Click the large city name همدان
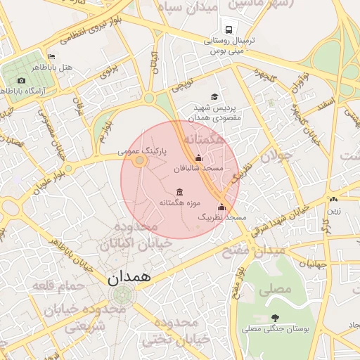point(130,278)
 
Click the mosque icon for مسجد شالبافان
point(198,158)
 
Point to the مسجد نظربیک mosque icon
point(221,207)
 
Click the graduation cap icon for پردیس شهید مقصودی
point(214,97)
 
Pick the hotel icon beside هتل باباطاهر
point(51,56)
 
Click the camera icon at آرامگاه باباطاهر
point(22,80)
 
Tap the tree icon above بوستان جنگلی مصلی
point(274,318)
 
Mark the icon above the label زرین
point(332,200)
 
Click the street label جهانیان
point(313,264)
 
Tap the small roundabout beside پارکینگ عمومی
point(139,161)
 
